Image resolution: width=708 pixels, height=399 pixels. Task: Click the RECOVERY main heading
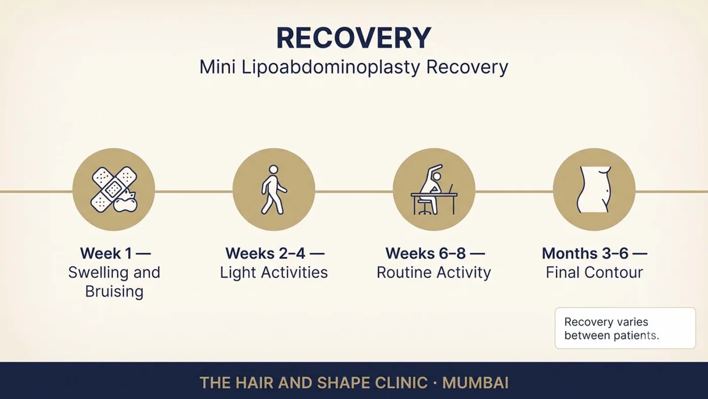coord(353,38)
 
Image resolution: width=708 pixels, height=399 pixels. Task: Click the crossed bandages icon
coord(114,189)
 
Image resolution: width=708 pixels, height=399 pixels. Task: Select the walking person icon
coord(274,189)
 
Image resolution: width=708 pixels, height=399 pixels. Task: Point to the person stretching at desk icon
coord(434,189)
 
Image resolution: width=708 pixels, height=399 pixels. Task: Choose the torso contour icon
coord(594,189)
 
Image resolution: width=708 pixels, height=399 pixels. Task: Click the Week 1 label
coord(106,253)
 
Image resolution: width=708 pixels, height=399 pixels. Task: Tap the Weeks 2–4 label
coord(265,253)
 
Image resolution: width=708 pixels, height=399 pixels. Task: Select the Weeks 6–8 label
coord(425,253)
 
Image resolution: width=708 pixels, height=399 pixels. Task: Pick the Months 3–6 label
coord(585,253)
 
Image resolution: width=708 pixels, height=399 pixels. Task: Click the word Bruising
coord(114,292)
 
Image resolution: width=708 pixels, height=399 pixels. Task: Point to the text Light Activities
coord(274,272)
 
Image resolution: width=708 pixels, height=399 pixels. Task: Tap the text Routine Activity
coord(434,272)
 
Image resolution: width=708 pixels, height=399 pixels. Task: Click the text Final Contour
coord(594,272)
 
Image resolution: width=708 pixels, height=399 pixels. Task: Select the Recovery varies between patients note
coord(625,328)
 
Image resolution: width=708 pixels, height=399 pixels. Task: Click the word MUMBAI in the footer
coord(475,383)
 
